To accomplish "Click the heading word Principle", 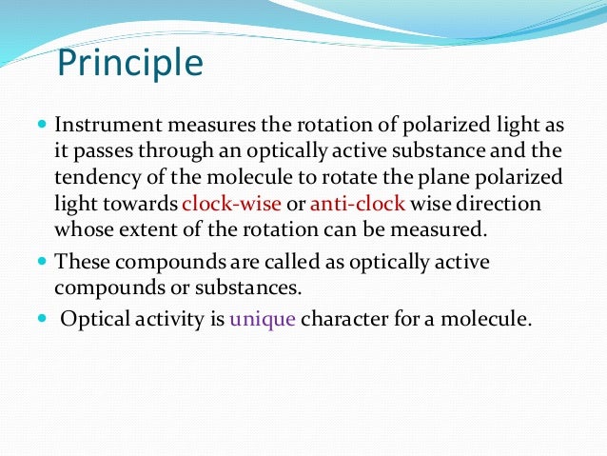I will (x=130, y=64).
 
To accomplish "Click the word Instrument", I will (x=104, y=126).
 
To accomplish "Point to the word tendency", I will (x=98, y=177).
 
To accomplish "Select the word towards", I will (x=146, y=203).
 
